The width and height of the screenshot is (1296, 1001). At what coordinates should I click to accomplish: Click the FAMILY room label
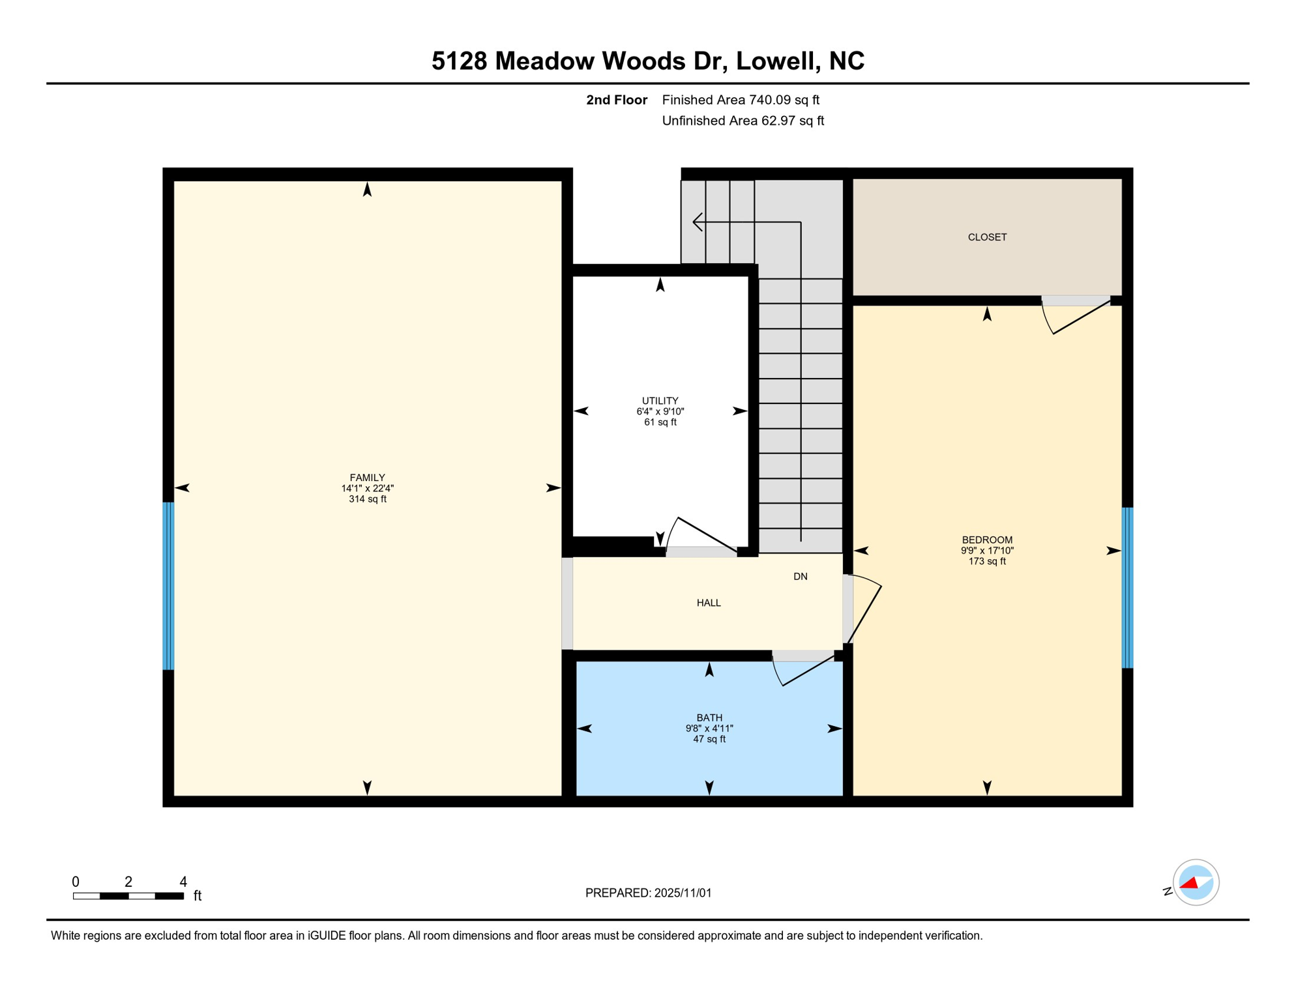tap(367, 478)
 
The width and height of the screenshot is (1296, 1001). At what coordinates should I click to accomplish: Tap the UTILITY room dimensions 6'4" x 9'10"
tap(660, 411)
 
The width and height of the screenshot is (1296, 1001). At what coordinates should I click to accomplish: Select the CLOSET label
tap(987, 237)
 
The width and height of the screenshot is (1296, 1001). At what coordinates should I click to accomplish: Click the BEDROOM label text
tap(987, 540)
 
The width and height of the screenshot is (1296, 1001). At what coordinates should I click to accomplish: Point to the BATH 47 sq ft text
tap(709, 739)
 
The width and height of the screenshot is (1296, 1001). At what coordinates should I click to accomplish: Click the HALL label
tap(709, 603)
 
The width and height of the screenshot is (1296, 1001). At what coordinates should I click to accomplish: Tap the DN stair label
tap(800, 576)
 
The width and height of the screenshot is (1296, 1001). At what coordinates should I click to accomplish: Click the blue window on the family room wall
tap(168, 585)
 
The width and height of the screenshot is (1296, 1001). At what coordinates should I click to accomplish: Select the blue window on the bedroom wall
tap(1127, 587)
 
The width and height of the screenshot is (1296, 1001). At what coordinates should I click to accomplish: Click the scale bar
tap(128, 896)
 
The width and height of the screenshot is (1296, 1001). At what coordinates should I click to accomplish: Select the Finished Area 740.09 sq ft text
tap(740, 100)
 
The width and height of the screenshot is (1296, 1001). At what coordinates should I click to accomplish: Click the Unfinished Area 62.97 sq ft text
tap(743, 121)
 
